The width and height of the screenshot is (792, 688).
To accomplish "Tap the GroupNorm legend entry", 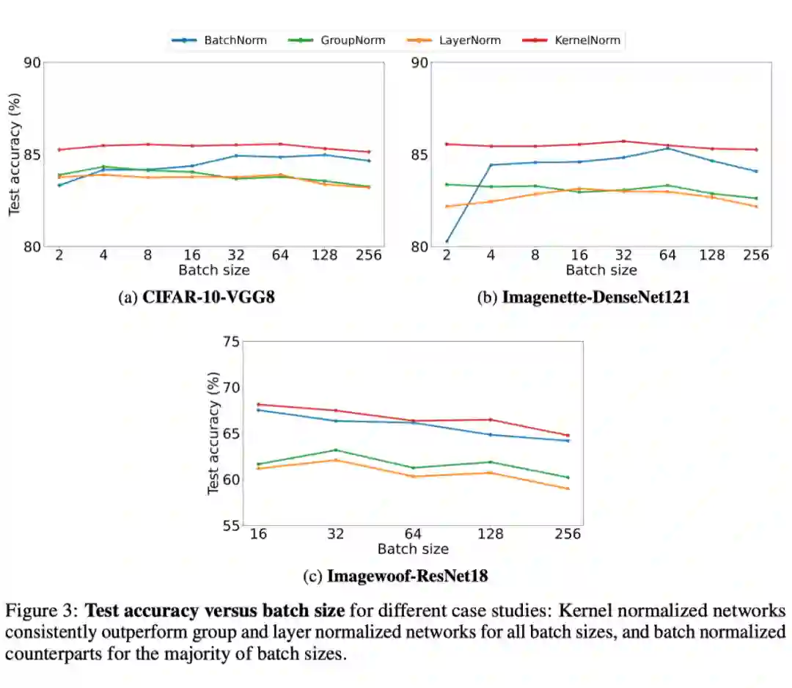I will coord(352,40).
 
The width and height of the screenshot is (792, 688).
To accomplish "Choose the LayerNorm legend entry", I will coord(469,40).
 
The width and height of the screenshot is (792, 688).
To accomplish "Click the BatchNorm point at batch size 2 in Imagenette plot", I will coord(447,241).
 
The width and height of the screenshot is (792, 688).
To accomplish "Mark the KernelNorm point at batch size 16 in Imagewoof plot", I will coord(258,404).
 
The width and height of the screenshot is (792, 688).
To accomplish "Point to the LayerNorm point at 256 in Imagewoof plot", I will coord(568,488).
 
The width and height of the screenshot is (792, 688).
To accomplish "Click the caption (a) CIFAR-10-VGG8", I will coord(197,298).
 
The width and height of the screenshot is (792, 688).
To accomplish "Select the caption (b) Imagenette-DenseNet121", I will coord(584,298).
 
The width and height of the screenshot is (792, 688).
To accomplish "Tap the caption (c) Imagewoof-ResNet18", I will coord(396,576).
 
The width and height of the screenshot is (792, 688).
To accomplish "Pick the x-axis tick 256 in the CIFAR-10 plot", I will coord(369,255).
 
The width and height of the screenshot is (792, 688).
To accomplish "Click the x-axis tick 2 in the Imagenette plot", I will coord(446,255).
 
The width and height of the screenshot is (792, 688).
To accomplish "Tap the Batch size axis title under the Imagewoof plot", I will coord(413,549).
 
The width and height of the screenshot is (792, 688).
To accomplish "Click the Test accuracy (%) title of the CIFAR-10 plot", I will coord(14,155).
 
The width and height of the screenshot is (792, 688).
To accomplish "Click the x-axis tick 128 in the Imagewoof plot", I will coord(490,534).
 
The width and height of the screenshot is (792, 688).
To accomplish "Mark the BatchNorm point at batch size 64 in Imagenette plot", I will coord(667,149).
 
